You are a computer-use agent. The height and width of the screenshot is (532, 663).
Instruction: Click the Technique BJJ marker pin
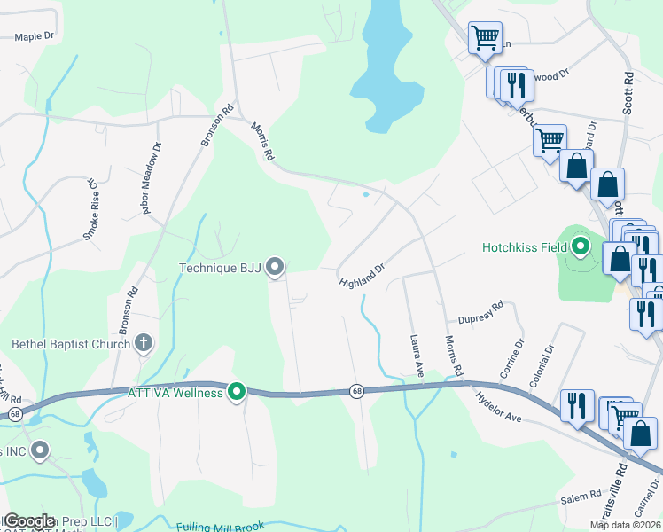pos(275,266)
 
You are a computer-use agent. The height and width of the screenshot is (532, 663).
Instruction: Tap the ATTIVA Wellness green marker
pos(237,391)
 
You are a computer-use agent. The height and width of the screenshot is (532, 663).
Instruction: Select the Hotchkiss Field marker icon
pos(581,246)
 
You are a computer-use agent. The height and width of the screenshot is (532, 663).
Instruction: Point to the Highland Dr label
pos(362,275)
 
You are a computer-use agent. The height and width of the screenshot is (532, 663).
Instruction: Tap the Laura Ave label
pos(415,355)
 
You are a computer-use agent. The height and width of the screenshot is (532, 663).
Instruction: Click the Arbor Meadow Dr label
pos(146,178)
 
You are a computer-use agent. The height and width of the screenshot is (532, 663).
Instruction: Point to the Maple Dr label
pos(35,37)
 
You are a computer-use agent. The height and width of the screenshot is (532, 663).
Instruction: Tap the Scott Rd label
pos(628,91)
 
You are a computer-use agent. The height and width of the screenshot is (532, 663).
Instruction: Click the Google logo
pos(29,521)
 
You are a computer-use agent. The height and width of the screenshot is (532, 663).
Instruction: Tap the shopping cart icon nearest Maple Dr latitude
pos(485,38)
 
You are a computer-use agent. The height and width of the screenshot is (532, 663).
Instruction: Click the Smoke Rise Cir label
pos(90,209)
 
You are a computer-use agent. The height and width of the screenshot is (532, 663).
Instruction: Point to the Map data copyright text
pos(625,525)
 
